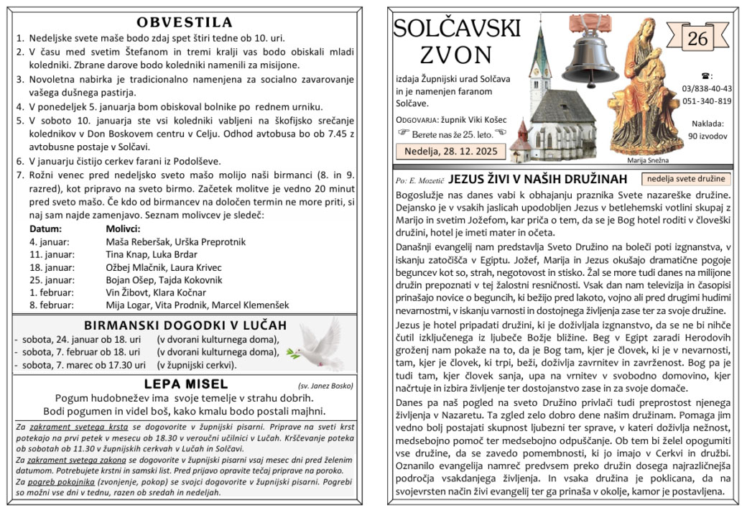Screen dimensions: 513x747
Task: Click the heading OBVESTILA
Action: pyautogui.click(x=185, y=22)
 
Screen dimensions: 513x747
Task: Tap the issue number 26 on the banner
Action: pyautogui.click(x=697, y=39)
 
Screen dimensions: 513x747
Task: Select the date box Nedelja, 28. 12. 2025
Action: pyautogui.click(x=451, y=152)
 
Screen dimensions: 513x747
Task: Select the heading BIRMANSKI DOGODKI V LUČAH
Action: pyautogui.click(x=185, y=325)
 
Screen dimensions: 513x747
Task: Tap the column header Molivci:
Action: pyautogui.click(x=123, y=228)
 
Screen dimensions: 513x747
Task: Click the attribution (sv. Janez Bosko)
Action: pyautogui.click(x=326, y=386)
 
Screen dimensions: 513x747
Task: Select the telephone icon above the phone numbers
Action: pyautogui.click(x=706, y=75)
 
